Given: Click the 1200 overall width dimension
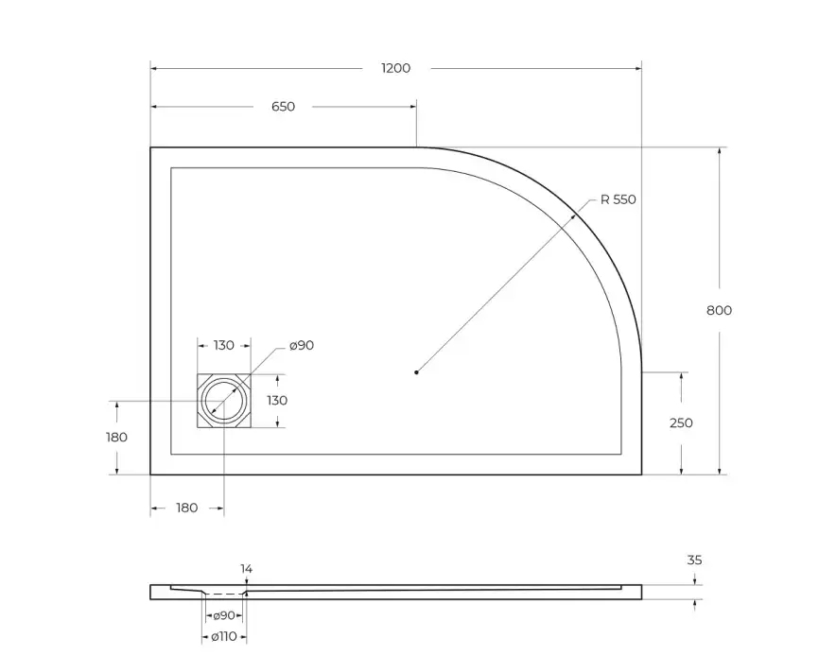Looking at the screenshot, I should pyautogui.click(x=395, y=68).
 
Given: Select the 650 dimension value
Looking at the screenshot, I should pyautogui.click(x=283, y=107).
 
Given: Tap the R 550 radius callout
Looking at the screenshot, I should pyautogui.click(x=619, y=199).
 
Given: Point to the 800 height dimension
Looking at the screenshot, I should pyautogui.click(x=719, y=310).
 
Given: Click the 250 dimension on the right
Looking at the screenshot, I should pyautogui.click(x=681, y=422).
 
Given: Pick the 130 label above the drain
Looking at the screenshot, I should pyautogui.click(x=223, y=345).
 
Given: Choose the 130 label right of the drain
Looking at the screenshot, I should pyautogui.click(x=276, y=400).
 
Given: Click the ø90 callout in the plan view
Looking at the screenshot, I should pyautogui.click(x=301, y=345).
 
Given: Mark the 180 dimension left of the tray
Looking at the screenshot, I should pyautogui.click(x=117, y=437).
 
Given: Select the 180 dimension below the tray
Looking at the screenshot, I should pyautogui.click(x=187, y=508).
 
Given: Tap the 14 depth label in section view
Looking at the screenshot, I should pyautogui.click(x=246, y=569).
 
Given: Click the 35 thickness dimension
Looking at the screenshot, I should pyautogui.click(x=694, y=560).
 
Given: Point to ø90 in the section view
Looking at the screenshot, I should pyautogui.click(x=224, y=615).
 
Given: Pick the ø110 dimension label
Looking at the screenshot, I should pyautogui.click(x=224, y=636).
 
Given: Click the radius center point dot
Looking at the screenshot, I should pyautogui.click(x=416, y=372).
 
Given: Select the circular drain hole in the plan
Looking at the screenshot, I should pyautogui.click(x=224, y=401).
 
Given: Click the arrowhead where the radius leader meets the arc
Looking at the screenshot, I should pyautogui.click(x=581, y=213).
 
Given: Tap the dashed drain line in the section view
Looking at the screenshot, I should pyautogui.click(x=224, y=594).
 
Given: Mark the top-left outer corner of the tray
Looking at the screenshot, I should pyautogui.click(x=151, y=147).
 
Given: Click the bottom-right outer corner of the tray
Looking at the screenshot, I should pyautogui.click(x=641, y=474).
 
